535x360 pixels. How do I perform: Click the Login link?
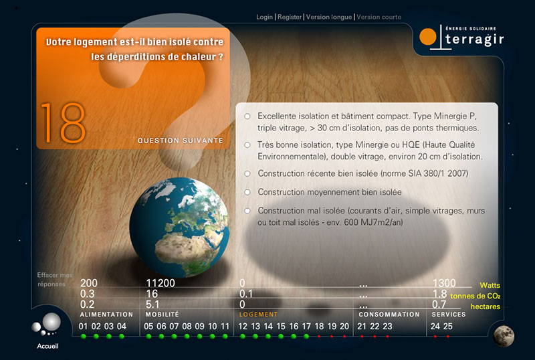[264, 17]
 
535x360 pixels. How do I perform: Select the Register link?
[290, 17]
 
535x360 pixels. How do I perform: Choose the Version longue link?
[328, 17]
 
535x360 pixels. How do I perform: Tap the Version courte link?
[379, 17]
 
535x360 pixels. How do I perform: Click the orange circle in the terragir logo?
[428, 37]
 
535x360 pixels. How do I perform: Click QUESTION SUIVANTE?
[180, 141]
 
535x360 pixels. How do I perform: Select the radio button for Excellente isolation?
[247, 116]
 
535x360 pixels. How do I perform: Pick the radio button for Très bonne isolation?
[247, 145]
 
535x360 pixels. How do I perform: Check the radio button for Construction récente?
[247, 173]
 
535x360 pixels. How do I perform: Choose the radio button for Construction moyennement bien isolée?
[247, 192]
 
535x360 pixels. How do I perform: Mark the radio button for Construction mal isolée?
[247, 211]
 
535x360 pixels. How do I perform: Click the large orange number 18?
[63, 123]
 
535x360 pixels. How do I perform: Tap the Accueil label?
[47, 346]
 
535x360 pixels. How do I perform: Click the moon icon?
[504, 336]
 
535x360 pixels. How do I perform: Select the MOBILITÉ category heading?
[162, 314]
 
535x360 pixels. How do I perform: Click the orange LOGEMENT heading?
[258, 314]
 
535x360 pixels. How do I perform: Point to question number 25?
[448, 327]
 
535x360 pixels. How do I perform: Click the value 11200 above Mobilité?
[160, 283]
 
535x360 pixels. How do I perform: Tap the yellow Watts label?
[490, 285]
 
